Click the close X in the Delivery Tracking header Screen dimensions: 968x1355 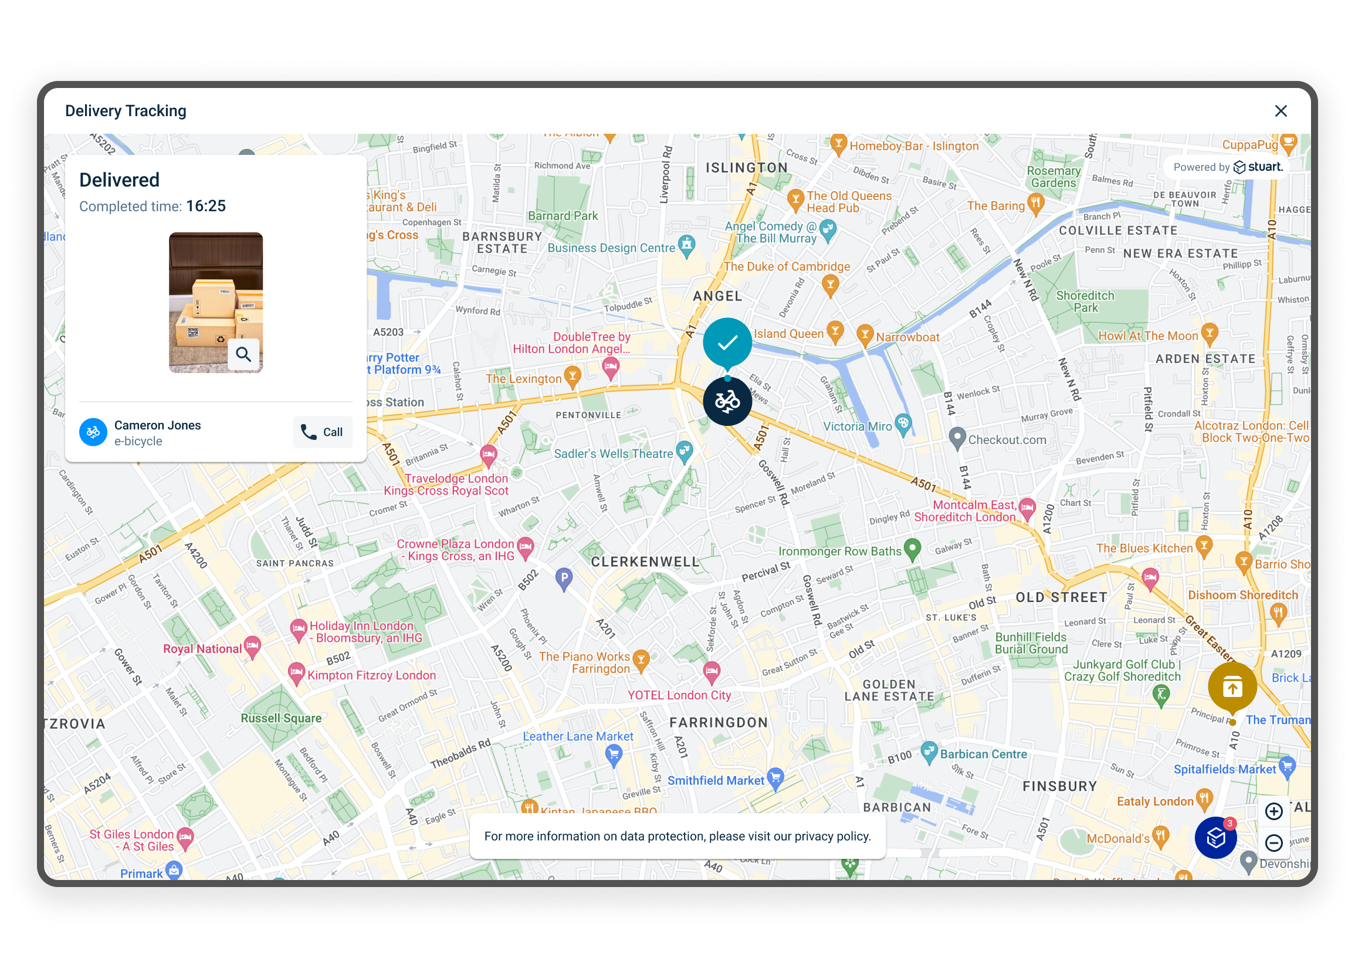coord(1281,111)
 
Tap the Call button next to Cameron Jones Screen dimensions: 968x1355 coord(323,432)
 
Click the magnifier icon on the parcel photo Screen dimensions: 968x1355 coord(243,354)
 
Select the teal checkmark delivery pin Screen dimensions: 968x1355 coord(727,342)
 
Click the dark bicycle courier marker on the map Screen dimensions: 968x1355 coord(727,401)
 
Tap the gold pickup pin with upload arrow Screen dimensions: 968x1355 coord(1232,687)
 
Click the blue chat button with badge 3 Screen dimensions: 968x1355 coord(1215,837)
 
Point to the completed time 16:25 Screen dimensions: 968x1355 coord(205,207)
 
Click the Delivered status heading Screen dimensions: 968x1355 coord(119,180)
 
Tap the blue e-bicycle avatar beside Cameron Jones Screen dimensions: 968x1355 coord(93,432)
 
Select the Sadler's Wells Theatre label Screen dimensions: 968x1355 coord(613,453)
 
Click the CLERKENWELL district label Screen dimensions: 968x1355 coord(645,561)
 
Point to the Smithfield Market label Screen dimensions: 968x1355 coord(715,780)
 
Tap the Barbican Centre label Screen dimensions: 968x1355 coord(983,754)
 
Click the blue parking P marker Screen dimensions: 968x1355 coord(564,578)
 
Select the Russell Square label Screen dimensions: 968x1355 coord(280,718)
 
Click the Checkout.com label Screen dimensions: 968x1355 coord(1007,440)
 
